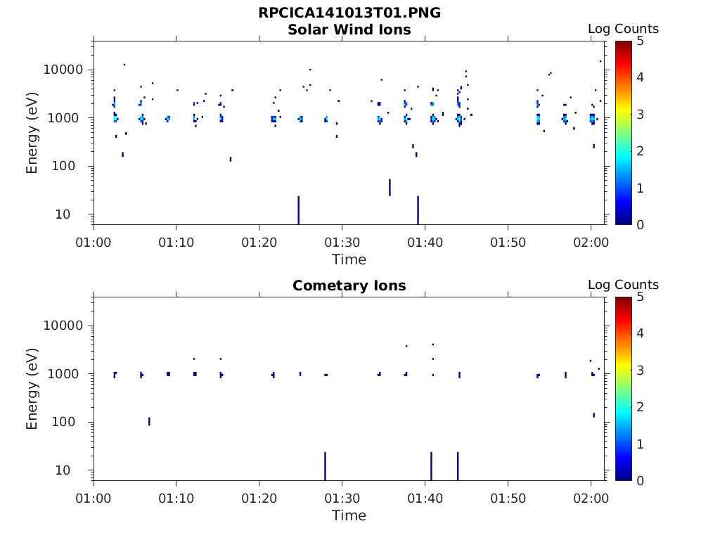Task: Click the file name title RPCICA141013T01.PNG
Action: point(349,13)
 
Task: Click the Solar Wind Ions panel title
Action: point(349,30)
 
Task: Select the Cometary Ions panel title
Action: point(349,285)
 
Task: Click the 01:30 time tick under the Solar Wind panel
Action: point(342,243)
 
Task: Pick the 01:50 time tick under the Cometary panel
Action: point(508,499)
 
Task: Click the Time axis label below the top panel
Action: point(349,259)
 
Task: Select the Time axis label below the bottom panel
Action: point(349,515)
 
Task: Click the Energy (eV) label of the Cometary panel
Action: point(32,388)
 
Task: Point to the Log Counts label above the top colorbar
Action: point(623,29)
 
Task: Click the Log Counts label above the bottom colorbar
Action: point(623,285)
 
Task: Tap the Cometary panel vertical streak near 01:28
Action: point(325,465)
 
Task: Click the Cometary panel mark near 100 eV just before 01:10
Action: point(149,421)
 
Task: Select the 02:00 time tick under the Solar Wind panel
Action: point(591,243)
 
